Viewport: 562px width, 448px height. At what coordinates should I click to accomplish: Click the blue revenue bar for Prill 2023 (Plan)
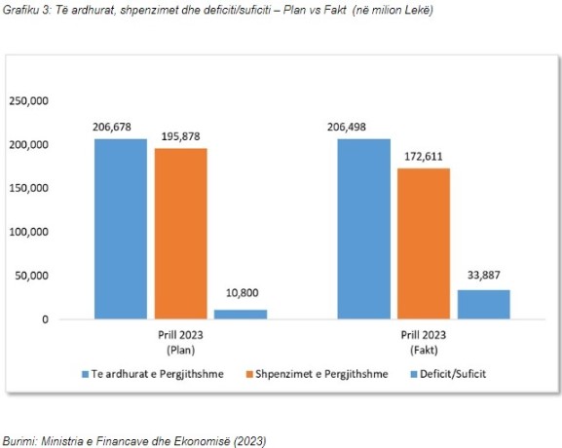click(x=121, y=229)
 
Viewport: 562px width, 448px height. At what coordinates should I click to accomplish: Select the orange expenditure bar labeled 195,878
click(x=181, y=234)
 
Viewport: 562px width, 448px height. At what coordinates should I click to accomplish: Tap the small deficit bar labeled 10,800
click(x=241, y=315)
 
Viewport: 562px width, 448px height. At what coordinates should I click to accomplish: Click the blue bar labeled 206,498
click(x=364, y=229)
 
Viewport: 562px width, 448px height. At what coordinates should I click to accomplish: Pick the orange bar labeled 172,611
click(x=424, y=243)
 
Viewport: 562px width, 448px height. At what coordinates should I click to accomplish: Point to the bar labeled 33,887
click(x=484, y=304)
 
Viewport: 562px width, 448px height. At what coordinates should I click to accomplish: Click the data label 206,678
click(x=112, y=127)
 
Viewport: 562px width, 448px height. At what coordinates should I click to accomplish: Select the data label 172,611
click(x=424, y=157)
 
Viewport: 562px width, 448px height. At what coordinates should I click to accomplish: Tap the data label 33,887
click(x=483, y=275)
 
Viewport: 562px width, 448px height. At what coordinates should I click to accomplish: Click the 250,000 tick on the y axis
click(x=28, y=101)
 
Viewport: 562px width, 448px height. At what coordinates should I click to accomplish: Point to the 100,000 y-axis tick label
click(x=28, y=232)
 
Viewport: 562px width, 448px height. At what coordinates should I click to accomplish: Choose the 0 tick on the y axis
click(x=45, y=319)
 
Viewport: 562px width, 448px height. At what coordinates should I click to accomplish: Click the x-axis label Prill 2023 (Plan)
click(x=180, y=342)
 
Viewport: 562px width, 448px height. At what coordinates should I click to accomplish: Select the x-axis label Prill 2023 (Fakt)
click(x=424, y=342)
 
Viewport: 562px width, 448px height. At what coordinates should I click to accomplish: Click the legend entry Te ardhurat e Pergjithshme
click(x=153, y=374)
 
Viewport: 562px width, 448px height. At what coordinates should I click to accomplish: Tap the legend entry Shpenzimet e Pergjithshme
click(x=318, y=374)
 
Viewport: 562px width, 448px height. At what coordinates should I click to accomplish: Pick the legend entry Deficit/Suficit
click(x=448, y=374)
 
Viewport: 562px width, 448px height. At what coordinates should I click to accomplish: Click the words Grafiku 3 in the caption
click(x=27, y=10)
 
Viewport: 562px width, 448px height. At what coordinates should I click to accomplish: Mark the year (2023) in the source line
click(x=249, y=441)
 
